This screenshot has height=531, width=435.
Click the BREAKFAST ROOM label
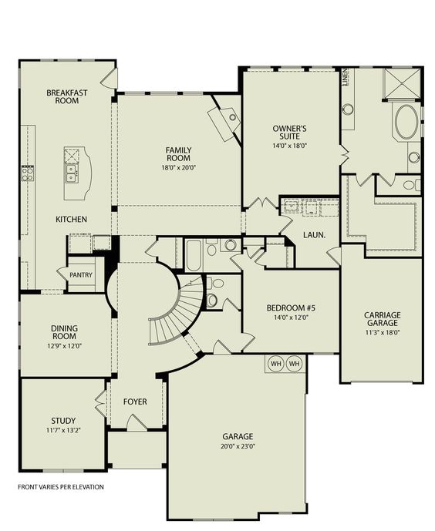pyautogui.click(x=66, y=96)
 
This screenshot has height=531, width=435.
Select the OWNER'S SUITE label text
pyautogui.click(x=290, y=132)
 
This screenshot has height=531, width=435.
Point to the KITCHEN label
pyautogui.click(x=71, y=220)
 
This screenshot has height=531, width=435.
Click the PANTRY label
pyautogui.click(x=81, y=274)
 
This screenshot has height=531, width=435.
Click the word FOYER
pyautogui.click(x=135, y=402)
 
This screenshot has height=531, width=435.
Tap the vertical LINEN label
pyautogui.click(x=345, y=79)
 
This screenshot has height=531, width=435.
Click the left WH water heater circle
pyautogui.click(x=275, y=363)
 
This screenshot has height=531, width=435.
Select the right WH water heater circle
pyautogui.click(x=294, y=363)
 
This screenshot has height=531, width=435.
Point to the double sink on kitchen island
pyautogui.click(x=71, y=172)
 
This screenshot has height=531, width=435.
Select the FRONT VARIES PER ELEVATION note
pyautogui.click(x=60, y=487)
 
